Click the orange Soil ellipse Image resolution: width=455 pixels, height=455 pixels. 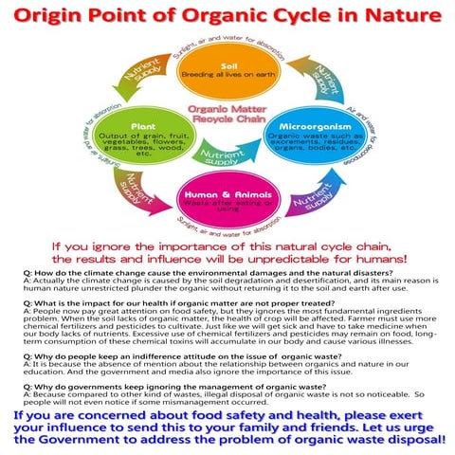pos(227,72)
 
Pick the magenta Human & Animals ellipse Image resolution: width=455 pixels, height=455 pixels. pos(227,199)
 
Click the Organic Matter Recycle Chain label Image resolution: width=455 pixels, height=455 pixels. pos(227,114)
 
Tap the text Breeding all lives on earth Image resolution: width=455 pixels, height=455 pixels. pos(227,74)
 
